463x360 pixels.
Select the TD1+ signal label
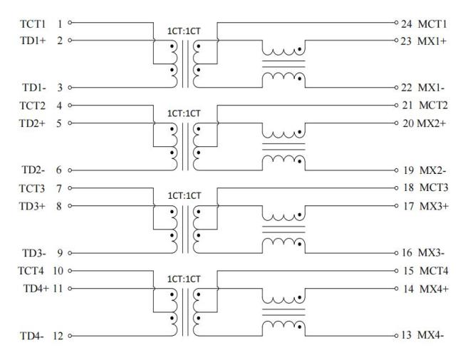click(x=33, y=40)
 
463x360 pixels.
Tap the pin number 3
click(x=60, y=87)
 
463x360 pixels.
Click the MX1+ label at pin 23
click(x=434, y=41)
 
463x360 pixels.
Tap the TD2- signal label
click(x=33, y=170)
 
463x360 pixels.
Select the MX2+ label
click(x=435, y=123)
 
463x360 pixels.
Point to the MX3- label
click(x=433, y=252)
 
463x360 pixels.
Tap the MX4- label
click(x=433, y=335)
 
